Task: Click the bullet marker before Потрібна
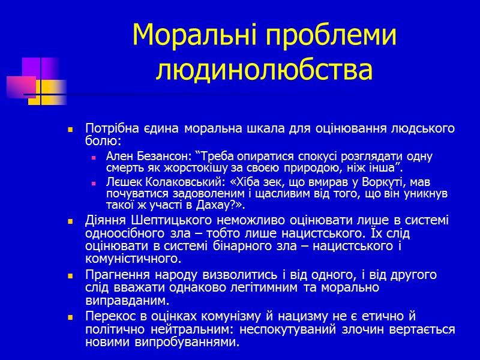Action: pyautogui.click(x=71, y=130)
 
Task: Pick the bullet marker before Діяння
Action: pyautogui.click(x=71, y=221)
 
